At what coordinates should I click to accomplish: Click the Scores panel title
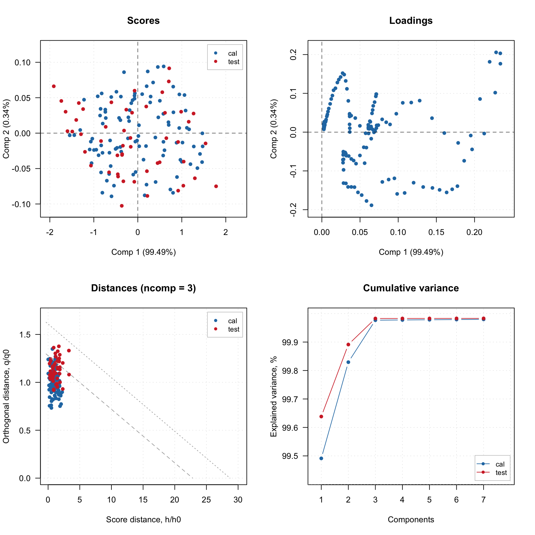(x=143, y=21)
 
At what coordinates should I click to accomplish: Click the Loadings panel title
(x=411, y=21)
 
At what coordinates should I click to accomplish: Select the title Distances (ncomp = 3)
(x=143, y=288)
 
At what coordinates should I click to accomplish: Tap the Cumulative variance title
(x=411, y=288)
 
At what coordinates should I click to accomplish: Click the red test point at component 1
(x=321, y=416)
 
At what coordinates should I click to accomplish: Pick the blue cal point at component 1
(x=321, y=458)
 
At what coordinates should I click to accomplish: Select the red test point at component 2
(x=348, y=345)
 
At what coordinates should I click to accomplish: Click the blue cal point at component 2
(x=348, y=362)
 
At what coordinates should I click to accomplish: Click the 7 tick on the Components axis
(x=484, y=500)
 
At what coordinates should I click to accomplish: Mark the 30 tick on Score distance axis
(x=238, y=500)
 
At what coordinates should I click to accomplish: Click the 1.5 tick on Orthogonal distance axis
(x=25, y=335)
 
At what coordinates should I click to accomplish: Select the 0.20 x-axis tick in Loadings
(x=474, y=232)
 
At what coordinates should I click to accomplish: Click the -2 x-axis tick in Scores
(x=50, y=232)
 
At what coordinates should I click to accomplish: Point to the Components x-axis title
(x=411, y=520)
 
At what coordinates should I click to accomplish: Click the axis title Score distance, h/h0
(x=143, y=520)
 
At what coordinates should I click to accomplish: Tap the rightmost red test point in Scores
(x=216, y=186)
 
